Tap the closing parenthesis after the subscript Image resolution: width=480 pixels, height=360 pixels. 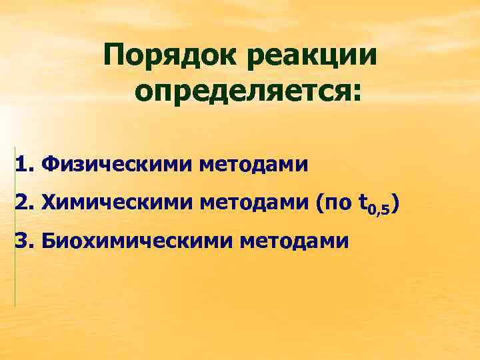396,202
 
